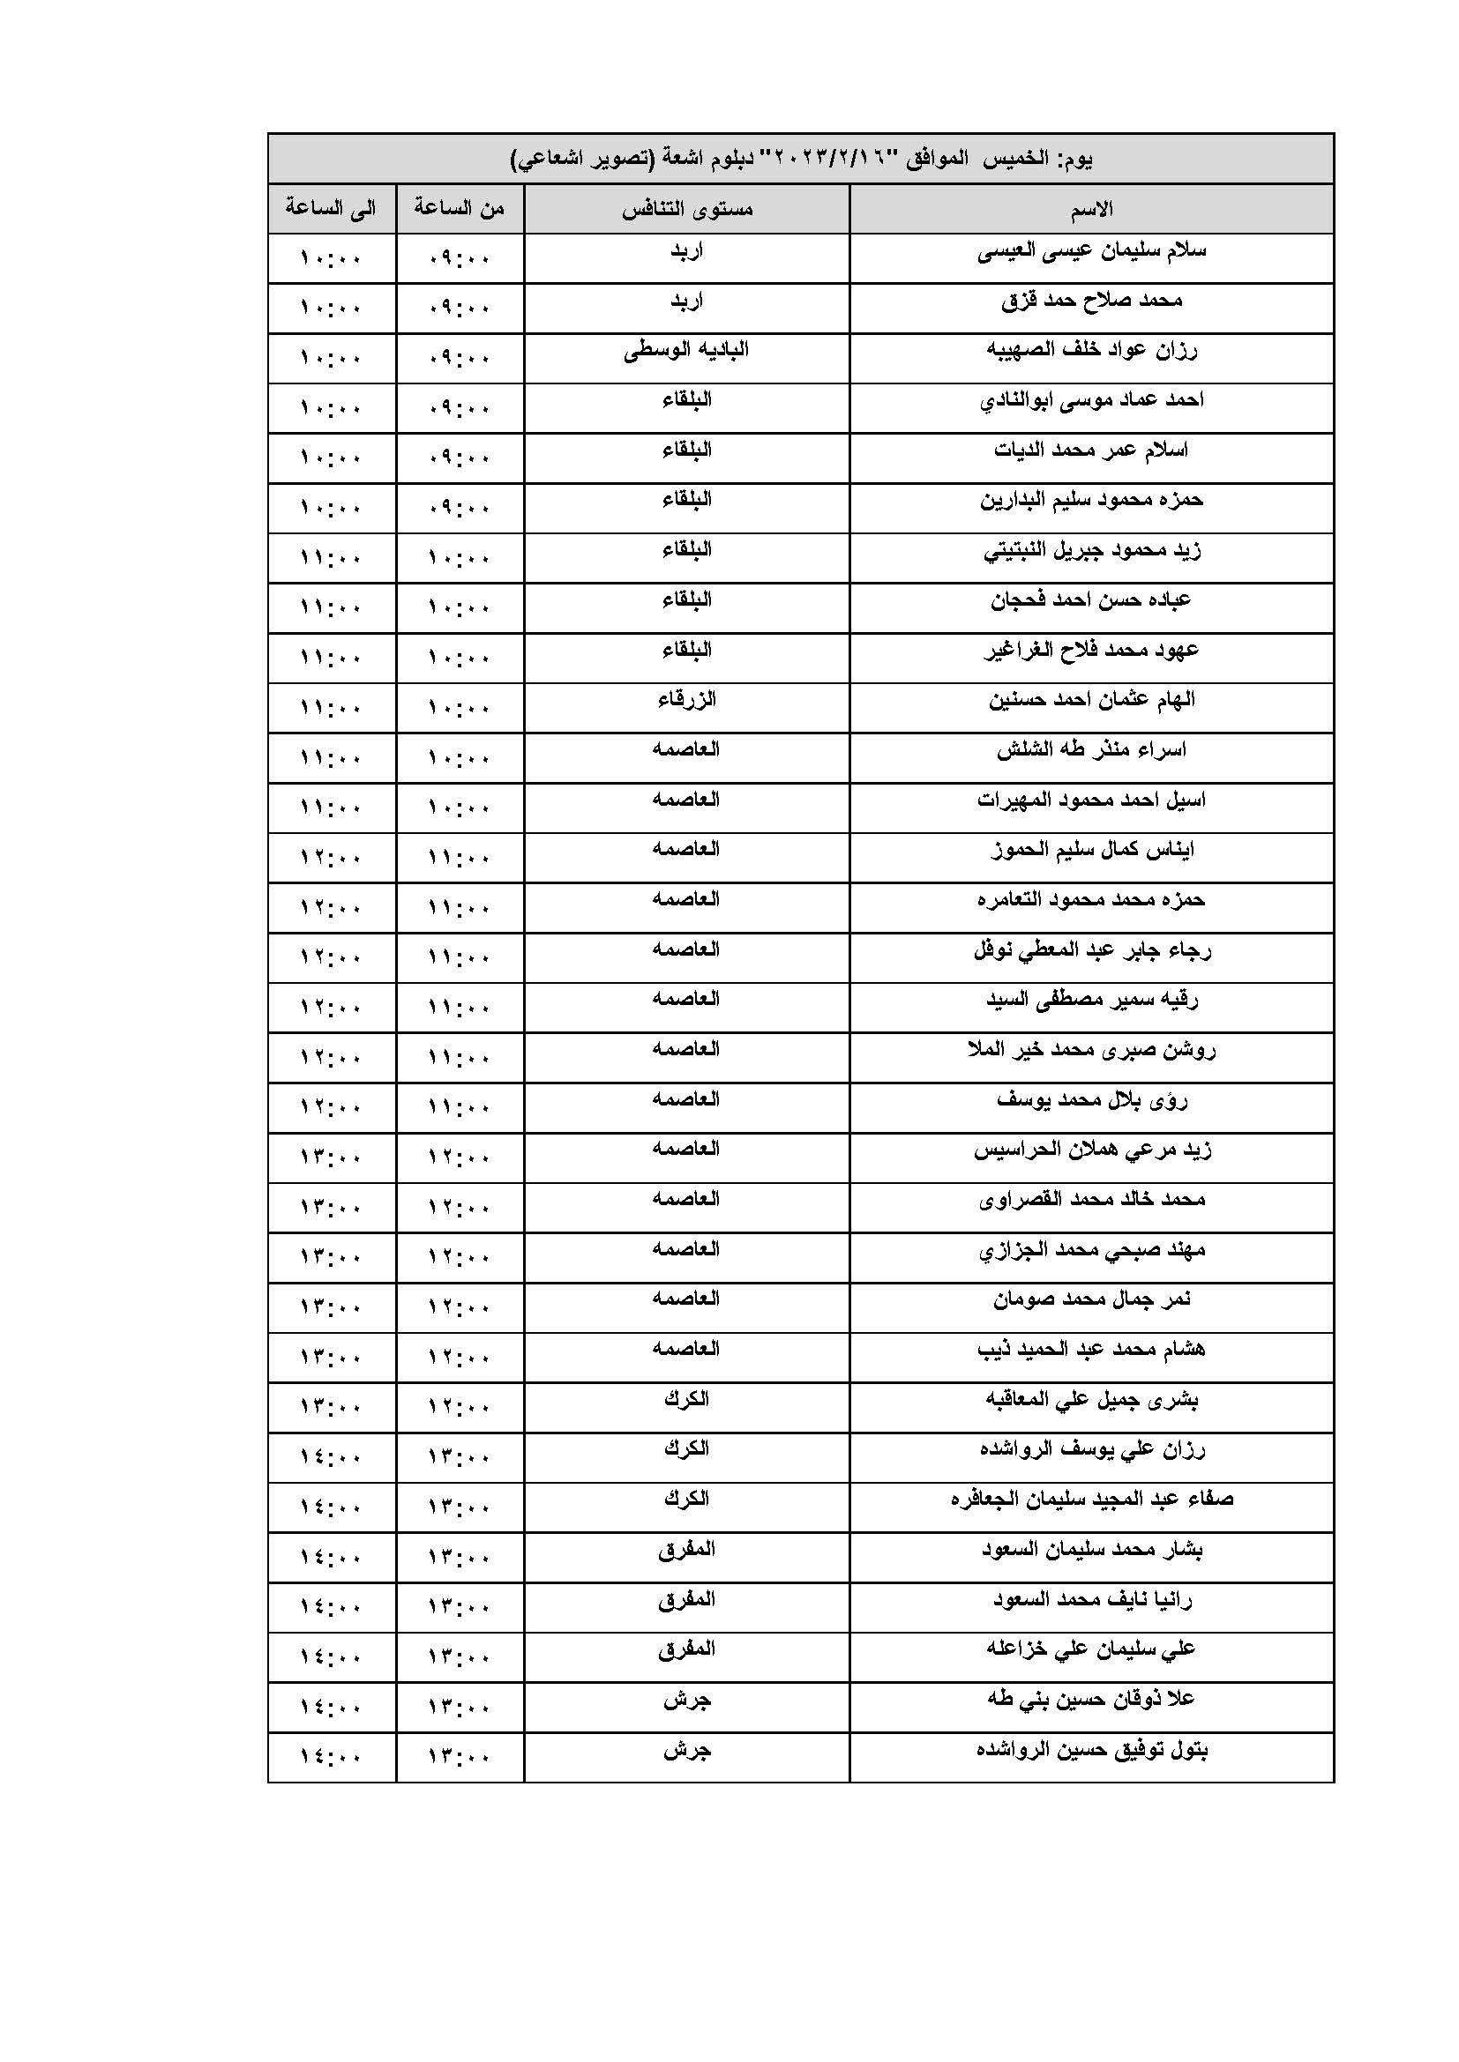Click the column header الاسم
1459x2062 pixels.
(x=1090, y=210)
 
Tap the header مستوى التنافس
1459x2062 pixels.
(x=686, y=210)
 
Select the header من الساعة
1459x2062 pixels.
(x=459, y=208)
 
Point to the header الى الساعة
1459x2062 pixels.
(x=331, y=208)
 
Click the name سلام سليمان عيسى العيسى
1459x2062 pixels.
(x=1090, y=251)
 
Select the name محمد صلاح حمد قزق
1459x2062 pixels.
(x=1090, y=301)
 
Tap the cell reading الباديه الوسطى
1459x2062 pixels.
(x=686, y=350)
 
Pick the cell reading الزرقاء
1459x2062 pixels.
(x=686, y=700)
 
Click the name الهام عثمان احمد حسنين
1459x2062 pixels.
(x=1090, y=700)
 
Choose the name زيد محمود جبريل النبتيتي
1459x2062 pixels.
(x=1090, y=549)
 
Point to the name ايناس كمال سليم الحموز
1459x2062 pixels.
(x=1090, y=850)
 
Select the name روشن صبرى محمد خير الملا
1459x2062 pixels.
(x=1090, y=1049)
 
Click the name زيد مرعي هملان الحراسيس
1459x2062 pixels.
(x=1090, y=1150)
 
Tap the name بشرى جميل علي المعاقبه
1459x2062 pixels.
(x=1090, y=1399)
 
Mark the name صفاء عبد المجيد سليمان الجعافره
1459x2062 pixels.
(x=1090, y=1499)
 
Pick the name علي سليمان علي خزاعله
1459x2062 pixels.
(x=1090, y=1649)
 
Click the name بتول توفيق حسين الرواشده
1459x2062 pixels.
(x=1090, y=1749)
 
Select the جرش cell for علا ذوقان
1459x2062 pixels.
(x=686, y=1699)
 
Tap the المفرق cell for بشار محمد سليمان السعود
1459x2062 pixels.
(x=686, y=1549)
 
